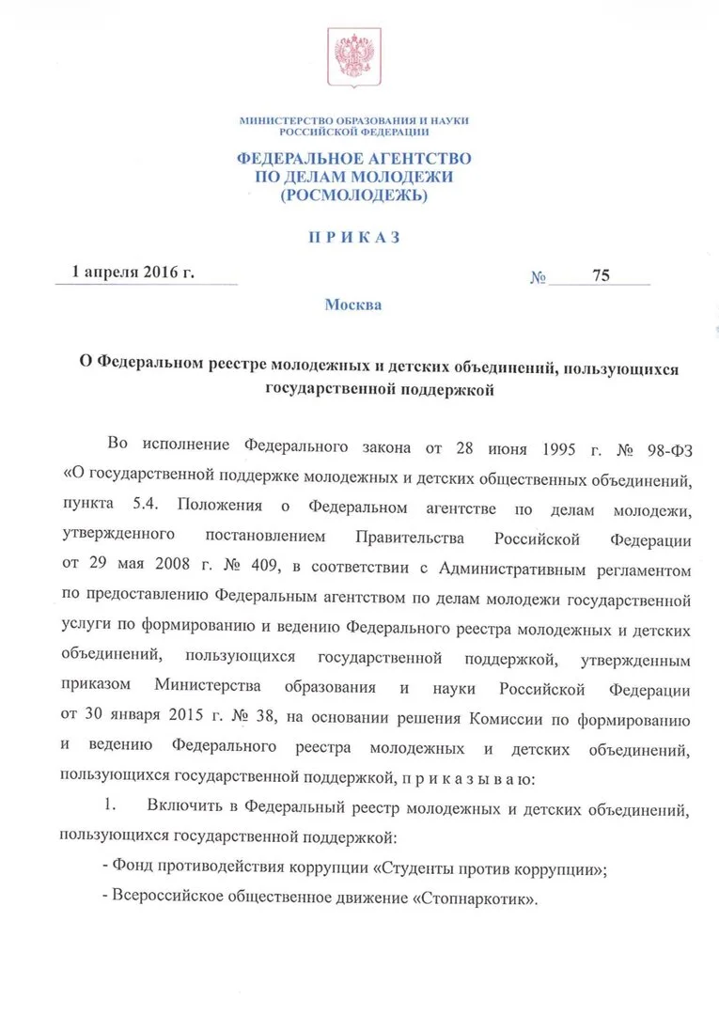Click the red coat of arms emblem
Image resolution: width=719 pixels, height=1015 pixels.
point(353,56)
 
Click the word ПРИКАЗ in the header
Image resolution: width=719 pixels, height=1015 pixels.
point(354,238)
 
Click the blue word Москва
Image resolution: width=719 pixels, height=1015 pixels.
point(353,305)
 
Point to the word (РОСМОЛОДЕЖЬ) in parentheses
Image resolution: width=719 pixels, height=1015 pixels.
point(353,195)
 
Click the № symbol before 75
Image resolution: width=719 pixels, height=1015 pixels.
point(539,278)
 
